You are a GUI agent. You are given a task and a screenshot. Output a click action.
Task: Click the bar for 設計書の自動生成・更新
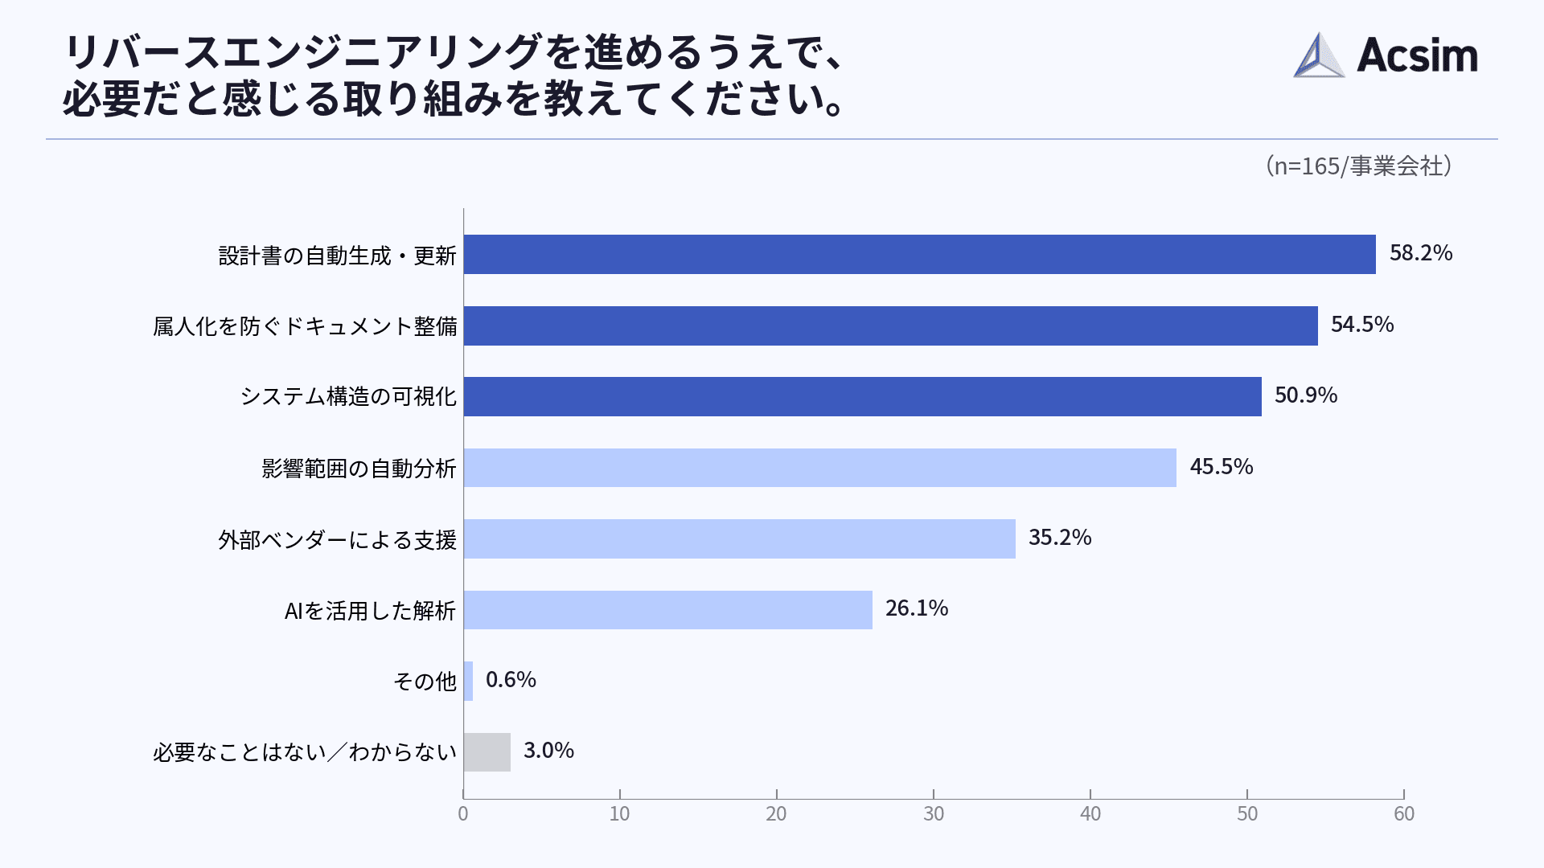(919, 254)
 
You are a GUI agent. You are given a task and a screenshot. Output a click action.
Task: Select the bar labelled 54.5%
(890, 325)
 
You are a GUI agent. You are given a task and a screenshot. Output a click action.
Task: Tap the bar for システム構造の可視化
(862, 396)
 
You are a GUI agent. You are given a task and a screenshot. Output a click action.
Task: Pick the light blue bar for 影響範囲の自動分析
(819, 468)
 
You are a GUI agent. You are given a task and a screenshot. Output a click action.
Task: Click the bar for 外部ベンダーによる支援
(739, 538)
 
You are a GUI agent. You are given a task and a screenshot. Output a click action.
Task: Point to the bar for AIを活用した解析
(667, 610)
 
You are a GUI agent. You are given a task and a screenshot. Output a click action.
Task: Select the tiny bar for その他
(468, 681)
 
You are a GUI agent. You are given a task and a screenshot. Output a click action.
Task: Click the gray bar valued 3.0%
(487, 752)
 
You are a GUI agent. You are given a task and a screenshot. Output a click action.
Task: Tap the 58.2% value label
(1420, 253)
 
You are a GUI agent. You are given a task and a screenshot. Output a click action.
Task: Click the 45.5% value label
(1221, 467)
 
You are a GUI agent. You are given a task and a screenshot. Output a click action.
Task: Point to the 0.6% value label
(511, 680)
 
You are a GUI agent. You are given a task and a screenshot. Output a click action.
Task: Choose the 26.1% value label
(916, 608)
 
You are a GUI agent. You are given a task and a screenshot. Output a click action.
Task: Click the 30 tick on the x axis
(933, 814)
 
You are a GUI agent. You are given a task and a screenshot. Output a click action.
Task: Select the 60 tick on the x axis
(1403, 814)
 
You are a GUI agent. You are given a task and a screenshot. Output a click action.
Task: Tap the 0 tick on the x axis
(463, 814)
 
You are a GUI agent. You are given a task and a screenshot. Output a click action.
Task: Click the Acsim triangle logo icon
(1318, 55)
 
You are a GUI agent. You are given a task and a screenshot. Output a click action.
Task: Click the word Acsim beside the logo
(1417, 55)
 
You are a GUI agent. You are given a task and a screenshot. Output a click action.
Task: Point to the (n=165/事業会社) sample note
(1358, 166)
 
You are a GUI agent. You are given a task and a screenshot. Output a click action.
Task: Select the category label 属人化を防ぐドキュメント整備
(305, 326)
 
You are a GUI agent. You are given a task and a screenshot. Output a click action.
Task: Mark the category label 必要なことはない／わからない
(305, 752)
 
